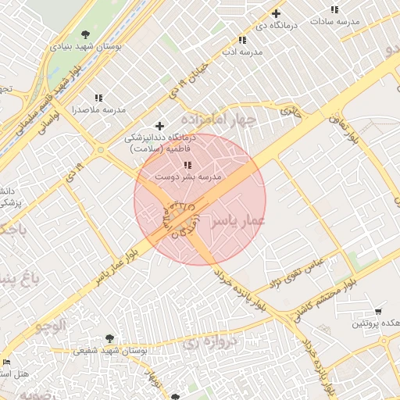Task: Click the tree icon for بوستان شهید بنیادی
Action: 85,34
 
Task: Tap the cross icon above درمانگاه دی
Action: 276,13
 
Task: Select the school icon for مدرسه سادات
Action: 334,10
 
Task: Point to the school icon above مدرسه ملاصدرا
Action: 98,98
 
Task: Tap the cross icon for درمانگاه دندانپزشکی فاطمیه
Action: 160,126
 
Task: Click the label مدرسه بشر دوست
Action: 187,177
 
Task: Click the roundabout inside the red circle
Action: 180,212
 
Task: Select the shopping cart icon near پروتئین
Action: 379,311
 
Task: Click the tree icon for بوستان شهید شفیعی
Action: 109,338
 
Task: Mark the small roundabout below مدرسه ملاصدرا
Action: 100,150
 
